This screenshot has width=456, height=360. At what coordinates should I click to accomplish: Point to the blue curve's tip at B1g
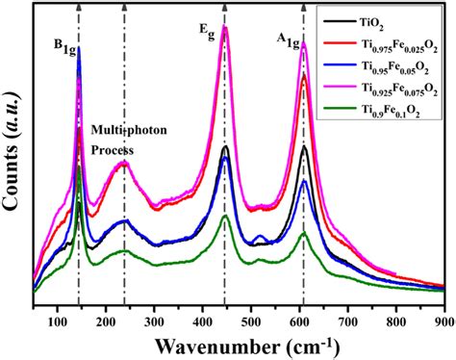point(78,48)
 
